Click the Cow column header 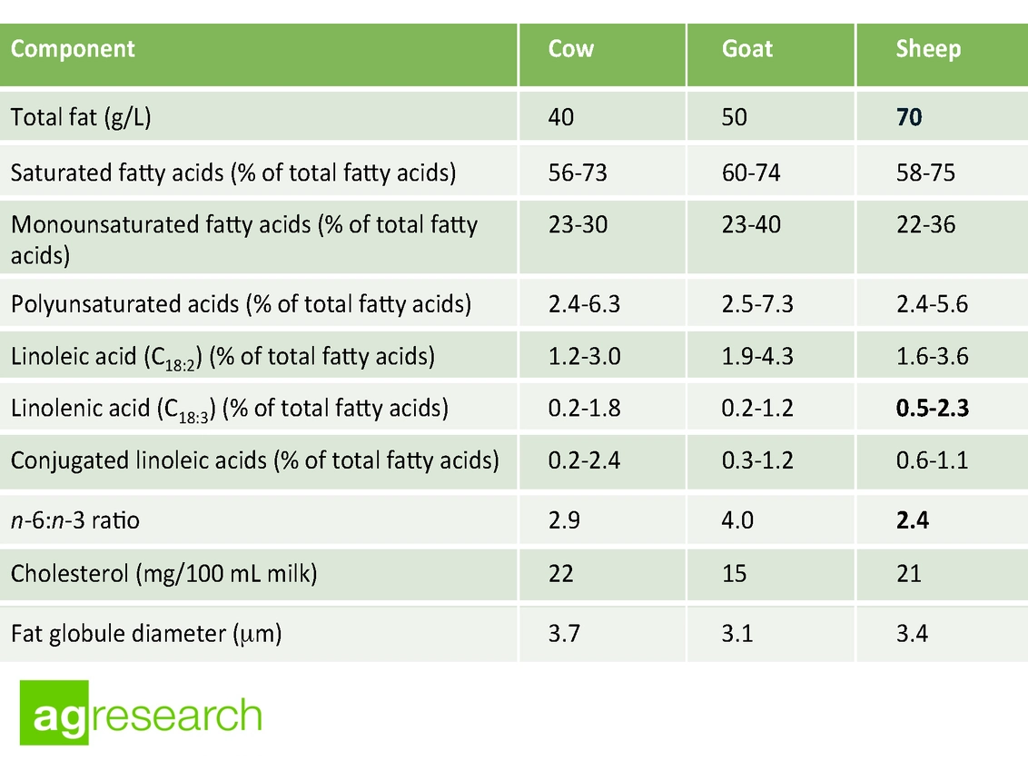tap(571, 49)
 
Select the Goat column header tap(747, 49)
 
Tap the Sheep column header tap(927, 49)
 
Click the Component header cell tap(73, 49)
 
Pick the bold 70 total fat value tap(909, 118)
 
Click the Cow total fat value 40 tap(561, 118)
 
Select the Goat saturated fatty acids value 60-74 tap(750, 173)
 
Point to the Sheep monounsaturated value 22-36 tap(925, 224)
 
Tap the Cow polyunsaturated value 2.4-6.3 tap(584, 303)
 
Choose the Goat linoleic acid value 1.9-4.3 tap(757, 356)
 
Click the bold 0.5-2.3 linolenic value tap(932, 408)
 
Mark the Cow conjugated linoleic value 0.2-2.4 tap(584, 460)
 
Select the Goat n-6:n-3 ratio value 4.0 tap(737, 521)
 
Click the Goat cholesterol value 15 tap(734, 574)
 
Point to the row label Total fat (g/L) tap(81, 118)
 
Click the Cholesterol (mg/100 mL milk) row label tap(163, 574)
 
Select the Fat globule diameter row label tap(146, 633)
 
